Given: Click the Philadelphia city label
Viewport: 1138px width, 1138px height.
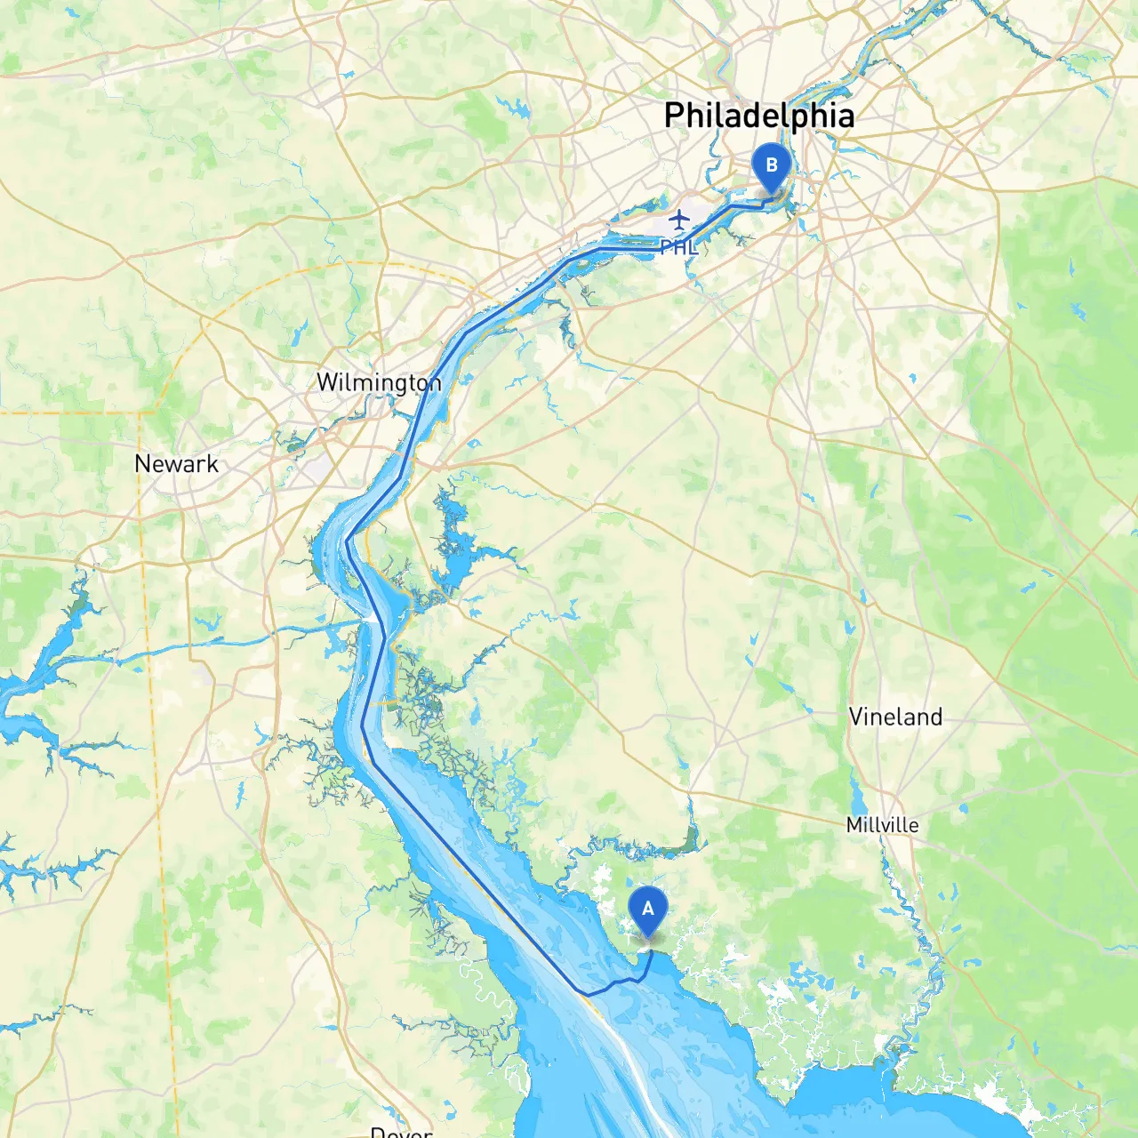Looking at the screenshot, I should [x=759, y=116].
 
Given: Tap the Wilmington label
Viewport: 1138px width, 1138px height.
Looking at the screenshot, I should [x=379, y=383].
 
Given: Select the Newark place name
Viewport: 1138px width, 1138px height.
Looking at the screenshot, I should [x=176, y=463].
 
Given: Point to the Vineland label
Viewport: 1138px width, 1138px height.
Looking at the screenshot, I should [x=895, y=717].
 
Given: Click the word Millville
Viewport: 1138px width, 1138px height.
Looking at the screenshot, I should [x=882, y=825].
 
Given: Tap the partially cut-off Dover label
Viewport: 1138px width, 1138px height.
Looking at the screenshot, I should [x=401, y=1132].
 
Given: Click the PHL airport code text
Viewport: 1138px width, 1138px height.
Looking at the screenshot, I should [x=679, y=248].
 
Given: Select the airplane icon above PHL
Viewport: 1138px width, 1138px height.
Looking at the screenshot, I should [x=679, y=219].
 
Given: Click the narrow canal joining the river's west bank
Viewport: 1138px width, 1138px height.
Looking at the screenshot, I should [x=267, y=633].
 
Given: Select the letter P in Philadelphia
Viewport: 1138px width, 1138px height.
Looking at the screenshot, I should [x=676, y=116].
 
